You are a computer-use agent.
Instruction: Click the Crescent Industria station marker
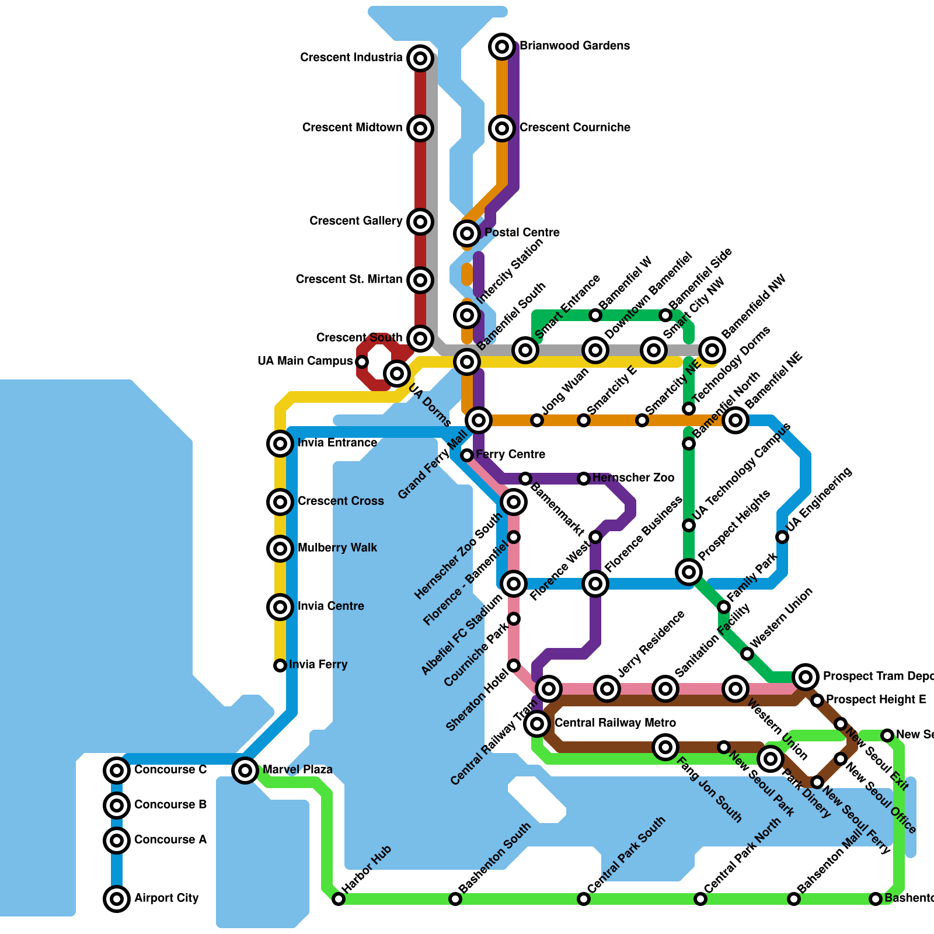[x=420, y=58]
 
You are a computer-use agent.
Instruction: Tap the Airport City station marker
[x=117, y=898]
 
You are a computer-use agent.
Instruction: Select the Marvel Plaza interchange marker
[x=245, y=770]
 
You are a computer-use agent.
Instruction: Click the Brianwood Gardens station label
[x=574, y=46]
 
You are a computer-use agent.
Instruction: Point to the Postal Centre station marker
[x=467, y=233]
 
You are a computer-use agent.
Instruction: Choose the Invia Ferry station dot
[x=280, y=665]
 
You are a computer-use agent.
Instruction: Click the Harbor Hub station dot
[x=339, y=899]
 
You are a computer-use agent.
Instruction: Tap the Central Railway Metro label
[x=615, y=723]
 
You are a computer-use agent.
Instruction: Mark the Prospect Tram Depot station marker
[x=806, y=677]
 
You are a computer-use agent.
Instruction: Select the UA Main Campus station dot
[x=362, y=362]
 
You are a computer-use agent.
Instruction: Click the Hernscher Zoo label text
[x=633, y=478]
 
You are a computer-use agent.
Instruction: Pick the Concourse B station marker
[x=117, y=805]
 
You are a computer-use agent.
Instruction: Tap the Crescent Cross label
[x=340, y=501]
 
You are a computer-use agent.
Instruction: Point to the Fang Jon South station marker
[x=665, y=747]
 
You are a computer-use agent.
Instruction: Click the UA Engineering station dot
[x=782, y=536]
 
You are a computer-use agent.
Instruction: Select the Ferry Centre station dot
[x=467, y=455]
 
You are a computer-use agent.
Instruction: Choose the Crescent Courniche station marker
[x=502, y=128]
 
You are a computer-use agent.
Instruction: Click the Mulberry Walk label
[x=337, y=548]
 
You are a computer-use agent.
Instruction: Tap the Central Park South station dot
[x=584, y=899]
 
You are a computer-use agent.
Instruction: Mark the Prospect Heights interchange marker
[x=689, y=571]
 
